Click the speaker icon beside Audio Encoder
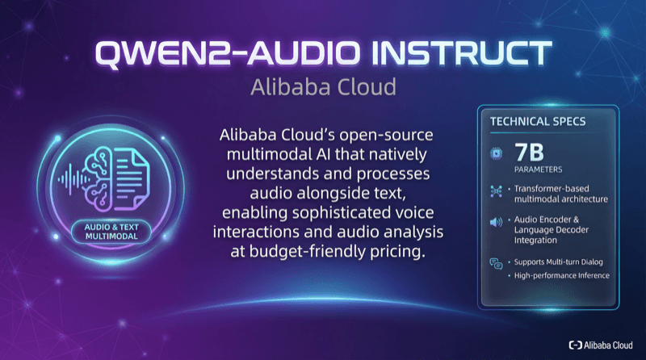tap(497, 224)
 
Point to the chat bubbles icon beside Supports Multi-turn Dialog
tap(497, 262)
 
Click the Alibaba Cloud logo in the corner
tap(602, 345)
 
